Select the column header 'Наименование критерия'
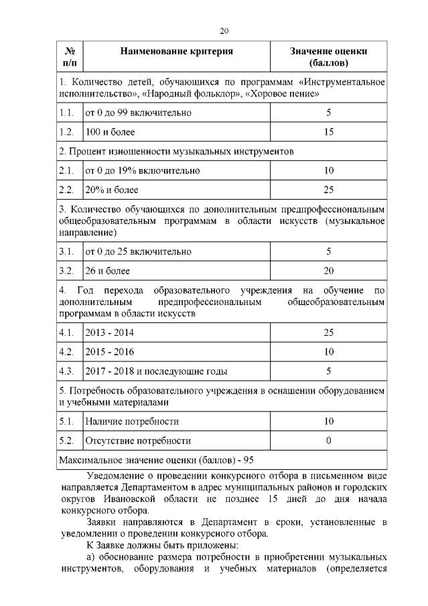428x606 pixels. (177, 51)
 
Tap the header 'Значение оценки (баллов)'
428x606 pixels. (328, 57)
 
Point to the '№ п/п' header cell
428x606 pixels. (69, 57)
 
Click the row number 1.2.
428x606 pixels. (66, 132)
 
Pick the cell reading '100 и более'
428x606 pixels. (105, 132)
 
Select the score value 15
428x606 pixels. (328, 132)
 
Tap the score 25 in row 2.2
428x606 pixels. (328, 190)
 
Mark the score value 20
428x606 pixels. (328, 271)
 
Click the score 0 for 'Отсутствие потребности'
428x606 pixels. (328, 441)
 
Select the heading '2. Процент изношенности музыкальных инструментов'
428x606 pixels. (176, 151)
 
